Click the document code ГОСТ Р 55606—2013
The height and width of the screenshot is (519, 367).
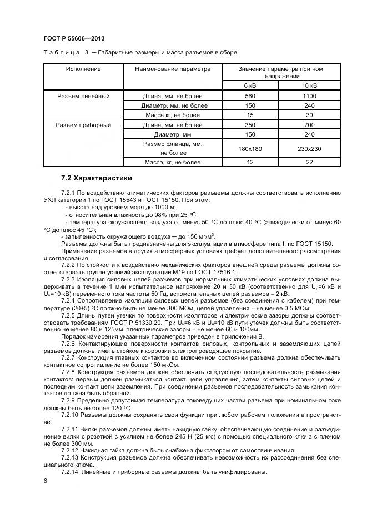pyautogui.click(x=74, y=38)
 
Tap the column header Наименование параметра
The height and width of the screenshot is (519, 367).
pyautogui.click(x=173, y=69)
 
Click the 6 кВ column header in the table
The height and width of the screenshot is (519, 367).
pyautogui.click(x=250, y=85)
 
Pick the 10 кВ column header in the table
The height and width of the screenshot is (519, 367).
pyautogui.click(x=309, y=85)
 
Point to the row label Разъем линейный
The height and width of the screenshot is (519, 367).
pyautogui.click(x=83, y=96)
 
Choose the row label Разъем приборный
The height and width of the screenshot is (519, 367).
pyautogui.click(x=83, y=125)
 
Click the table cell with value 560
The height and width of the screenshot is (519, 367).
pyautogui.click(x=250, y=96)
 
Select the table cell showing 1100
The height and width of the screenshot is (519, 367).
pyautogui.click(x=309, y=96)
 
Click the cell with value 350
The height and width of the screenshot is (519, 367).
pyautogui.click(x=250, y=125)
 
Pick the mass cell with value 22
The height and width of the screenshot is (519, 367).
pyautogui.click(x=309, y=163)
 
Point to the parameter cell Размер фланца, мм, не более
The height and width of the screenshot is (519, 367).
pyautogui.click(x=173, y=148)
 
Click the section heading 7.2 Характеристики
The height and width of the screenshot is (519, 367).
pyautogui.click(x=97, y=178)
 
